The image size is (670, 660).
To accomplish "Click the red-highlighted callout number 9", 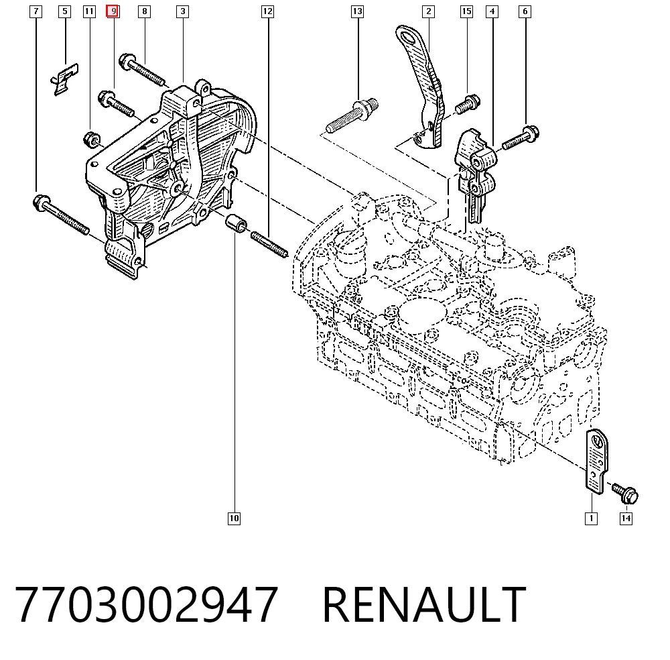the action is (113, 11).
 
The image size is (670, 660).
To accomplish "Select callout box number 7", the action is (36, 11).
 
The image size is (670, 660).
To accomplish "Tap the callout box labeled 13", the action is (357, 11).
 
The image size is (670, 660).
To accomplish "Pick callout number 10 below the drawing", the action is (234, 518).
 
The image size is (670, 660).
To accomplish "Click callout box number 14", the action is (626, 518).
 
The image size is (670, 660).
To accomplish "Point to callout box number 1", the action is (592, 518).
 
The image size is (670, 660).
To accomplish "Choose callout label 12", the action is (267, 11).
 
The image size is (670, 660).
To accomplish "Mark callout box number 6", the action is (525, 11).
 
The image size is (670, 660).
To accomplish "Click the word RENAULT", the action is (424, 604).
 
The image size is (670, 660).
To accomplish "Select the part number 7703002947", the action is (147, 604).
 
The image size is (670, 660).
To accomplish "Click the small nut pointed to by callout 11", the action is (91, 140).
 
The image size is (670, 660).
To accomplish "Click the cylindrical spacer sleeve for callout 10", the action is (237, 224).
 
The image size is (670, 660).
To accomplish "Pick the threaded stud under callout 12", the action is (269, 245).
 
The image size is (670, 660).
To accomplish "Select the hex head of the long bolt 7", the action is (42, 202).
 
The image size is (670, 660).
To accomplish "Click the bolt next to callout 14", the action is (625, 493).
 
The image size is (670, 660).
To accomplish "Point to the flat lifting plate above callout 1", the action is (596, 461).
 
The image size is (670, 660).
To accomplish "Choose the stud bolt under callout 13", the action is (352, 115).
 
